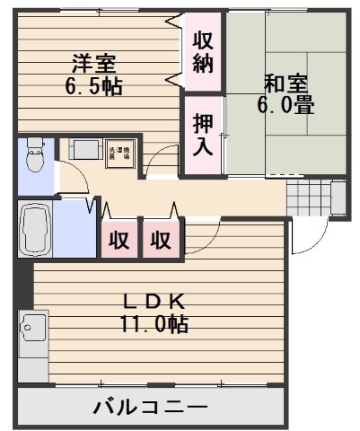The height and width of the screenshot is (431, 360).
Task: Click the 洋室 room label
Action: click(94, 65)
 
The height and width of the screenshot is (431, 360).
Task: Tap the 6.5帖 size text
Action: click(94, 87)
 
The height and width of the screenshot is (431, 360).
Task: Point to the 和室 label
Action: click(286, 83)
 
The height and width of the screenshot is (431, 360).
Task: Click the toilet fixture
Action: click(35, 157)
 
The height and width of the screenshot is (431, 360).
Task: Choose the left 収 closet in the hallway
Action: click(119, 240)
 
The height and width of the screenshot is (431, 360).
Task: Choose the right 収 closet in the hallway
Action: click(161, 240)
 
